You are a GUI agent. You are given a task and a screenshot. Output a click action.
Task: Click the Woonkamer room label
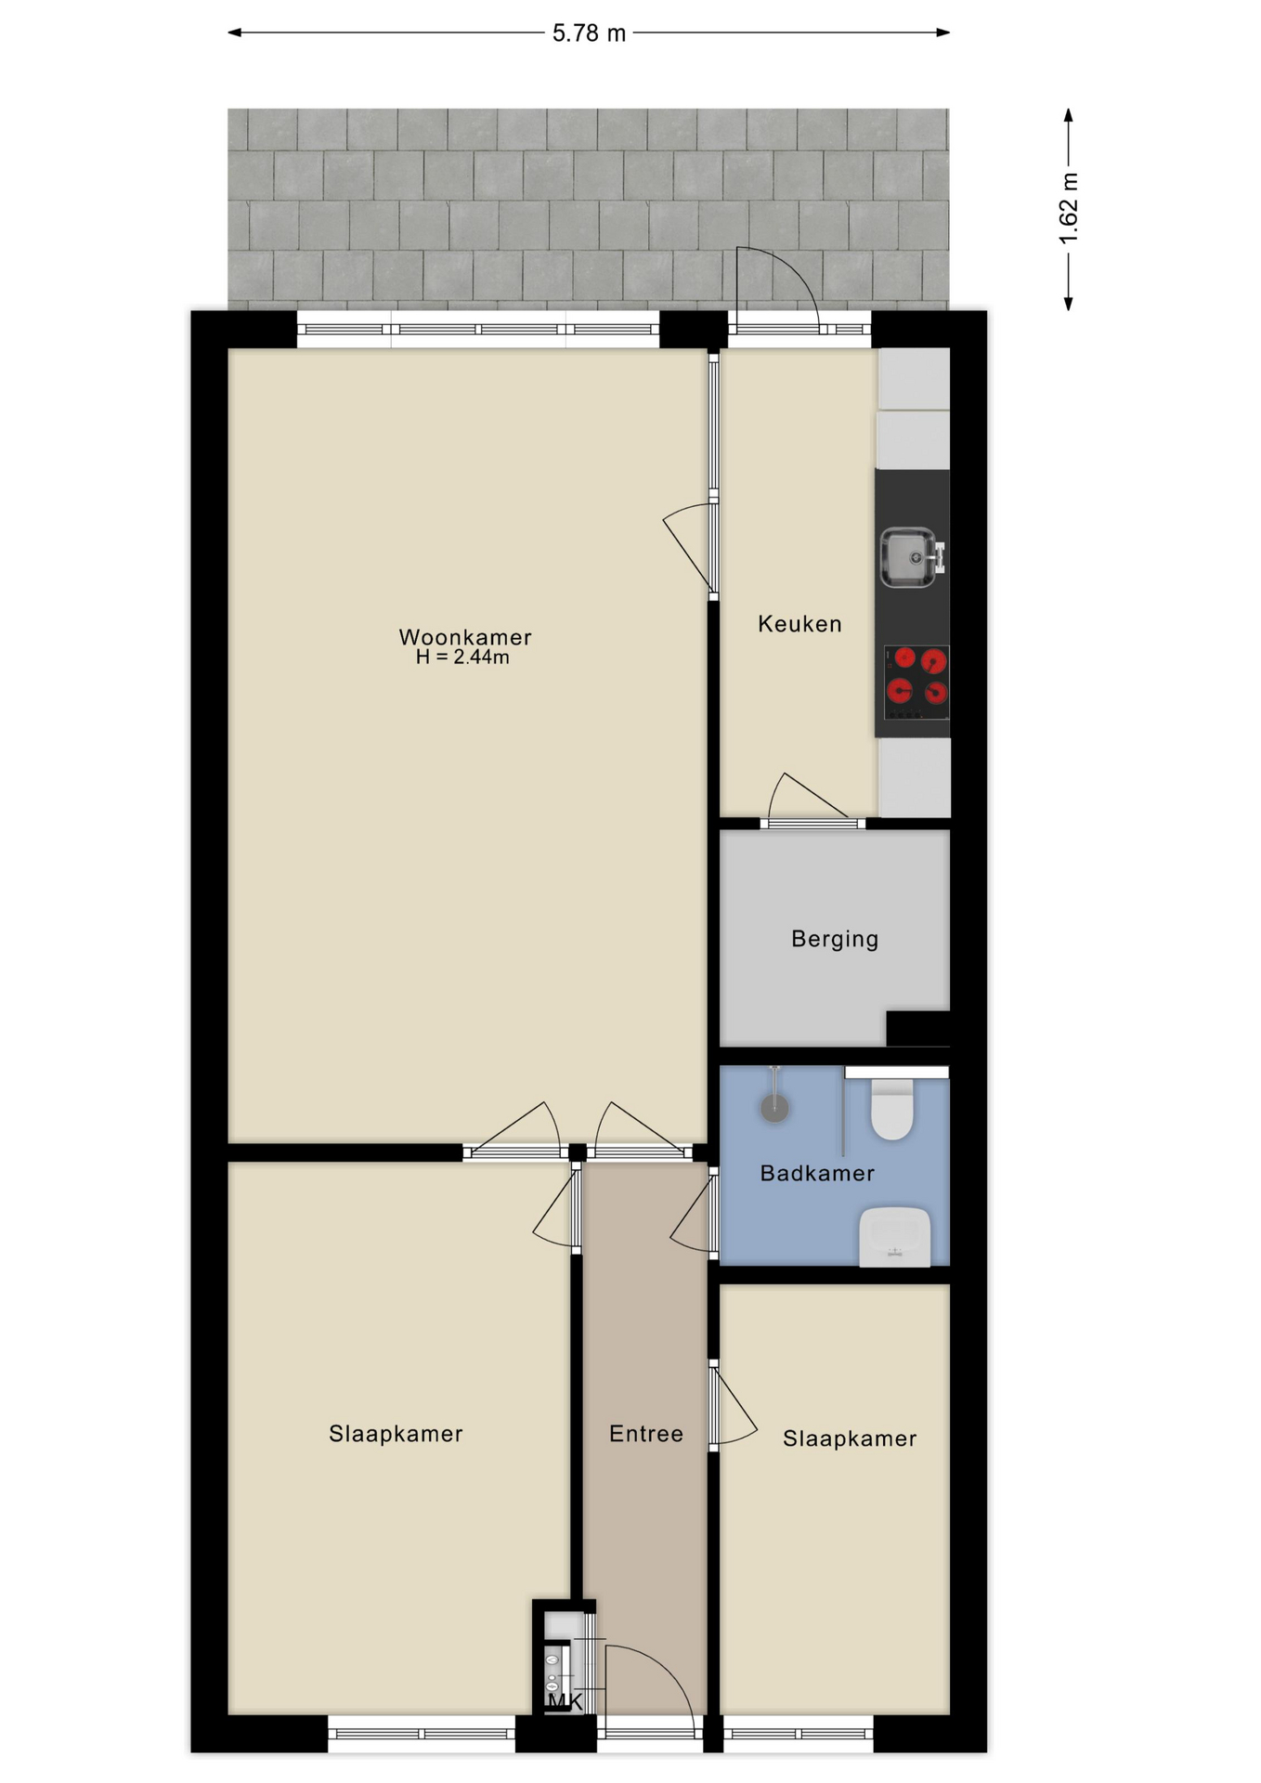tap(465, 637)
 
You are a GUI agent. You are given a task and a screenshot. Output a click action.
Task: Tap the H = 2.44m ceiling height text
tap(462, 657)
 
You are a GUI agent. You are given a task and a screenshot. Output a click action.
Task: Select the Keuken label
tap(799, 624)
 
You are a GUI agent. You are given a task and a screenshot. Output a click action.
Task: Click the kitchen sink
tap(911, 557)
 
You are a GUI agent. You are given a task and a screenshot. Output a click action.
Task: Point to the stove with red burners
tap(916, 683)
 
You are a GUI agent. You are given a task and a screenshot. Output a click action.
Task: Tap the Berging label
tap(835, 939)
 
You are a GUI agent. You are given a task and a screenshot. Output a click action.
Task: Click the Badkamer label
tap(817, 1174)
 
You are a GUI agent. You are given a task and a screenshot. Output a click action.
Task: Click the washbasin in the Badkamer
tap(894, 1236)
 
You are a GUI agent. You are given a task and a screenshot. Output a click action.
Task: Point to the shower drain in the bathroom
tap(774, 1107)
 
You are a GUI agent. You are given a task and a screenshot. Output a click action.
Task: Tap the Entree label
tap(646, 1434)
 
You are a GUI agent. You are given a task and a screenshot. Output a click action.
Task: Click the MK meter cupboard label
tap(565, 1701)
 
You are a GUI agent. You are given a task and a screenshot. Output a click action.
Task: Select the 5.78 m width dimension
tap(589, 33)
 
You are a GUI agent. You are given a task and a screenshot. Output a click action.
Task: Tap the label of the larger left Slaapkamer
tap(396, 1434)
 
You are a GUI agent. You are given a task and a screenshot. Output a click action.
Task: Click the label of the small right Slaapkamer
tap(850, 1438)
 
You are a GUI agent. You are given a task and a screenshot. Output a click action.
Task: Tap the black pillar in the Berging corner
tap(917, 1028)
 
